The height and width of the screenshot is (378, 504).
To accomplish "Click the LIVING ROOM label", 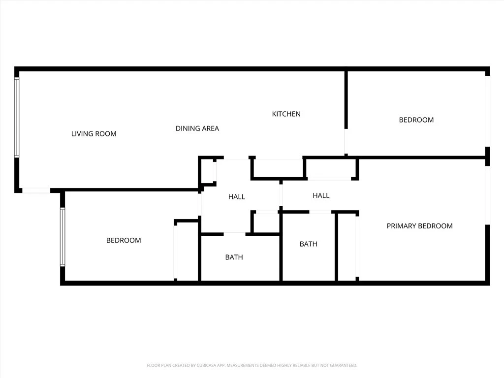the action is click(x=94, y=134).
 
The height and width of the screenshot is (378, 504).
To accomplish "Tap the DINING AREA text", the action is click(x=197, y=128).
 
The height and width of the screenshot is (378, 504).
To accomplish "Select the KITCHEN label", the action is click(x=286, y=114).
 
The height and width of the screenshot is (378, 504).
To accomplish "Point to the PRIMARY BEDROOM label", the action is click(x=419, y=226).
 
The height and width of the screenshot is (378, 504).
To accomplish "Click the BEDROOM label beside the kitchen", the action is click(x=416, y=120).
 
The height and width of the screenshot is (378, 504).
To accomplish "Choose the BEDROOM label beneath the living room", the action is click(x=124, y=240).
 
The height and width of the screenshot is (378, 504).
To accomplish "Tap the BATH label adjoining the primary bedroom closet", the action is click(x=308, y=244).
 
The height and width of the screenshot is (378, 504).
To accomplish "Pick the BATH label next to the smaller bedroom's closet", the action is click(x=234, y=257).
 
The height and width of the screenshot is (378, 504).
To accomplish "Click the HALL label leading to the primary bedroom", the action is click(x=321, y=195).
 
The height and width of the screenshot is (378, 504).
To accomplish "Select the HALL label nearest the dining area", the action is click(x=237, y=197).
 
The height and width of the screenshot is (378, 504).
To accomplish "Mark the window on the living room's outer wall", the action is click(x=17, y=117).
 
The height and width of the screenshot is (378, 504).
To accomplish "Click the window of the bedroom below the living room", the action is click(x=63, y=237).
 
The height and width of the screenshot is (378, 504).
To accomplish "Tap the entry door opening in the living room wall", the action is click(x=36, y=190).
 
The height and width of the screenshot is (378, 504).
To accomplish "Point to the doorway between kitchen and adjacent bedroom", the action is click(x=346, y=141).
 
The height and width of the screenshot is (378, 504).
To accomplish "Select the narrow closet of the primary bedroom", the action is click(x=347, y=247).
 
